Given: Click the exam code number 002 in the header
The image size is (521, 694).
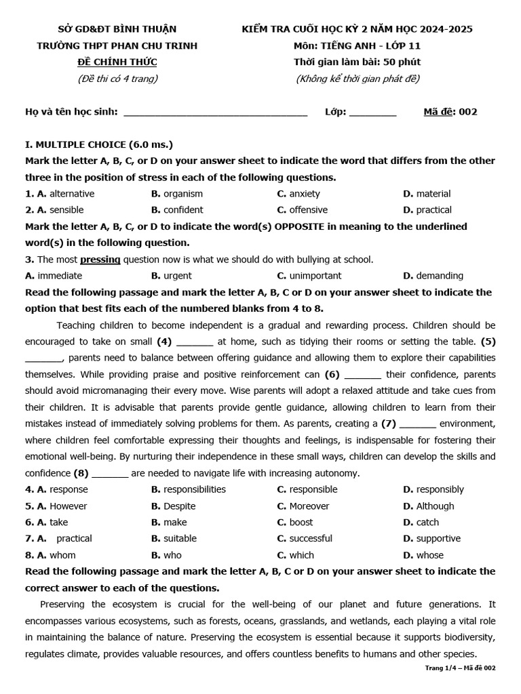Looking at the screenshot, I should pyautogui.click(x=468, y=112).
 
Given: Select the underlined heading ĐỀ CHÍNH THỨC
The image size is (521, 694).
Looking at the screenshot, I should pyautogui.click(x=117, y=62).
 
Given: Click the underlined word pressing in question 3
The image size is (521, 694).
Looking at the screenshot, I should pyautogui.click(x=100, y=260).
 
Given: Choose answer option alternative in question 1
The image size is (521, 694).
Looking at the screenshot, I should pyautogui.click(x=72, y=194).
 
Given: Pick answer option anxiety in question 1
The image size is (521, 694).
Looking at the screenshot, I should pyautogui.click(x=305, y=194).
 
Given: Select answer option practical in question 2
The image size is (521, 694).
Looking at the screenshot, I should pyautogui.click(x=433, y=210).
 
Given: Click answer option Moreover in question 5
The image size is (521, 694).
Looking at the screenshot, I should pyautogui.click(x=309, y=506).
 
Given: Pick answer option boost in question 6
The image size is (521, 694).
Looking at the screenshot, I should pyautogui.click(x=301, y=523).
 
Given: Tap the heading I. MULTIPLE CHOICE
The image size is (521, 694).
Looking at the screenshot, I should pyautogui.click(x=98, y=144).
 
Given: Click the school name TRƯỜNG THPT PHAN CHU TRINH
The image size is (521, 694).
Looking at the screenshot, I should pyautogui.click(x=117, y=45).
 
